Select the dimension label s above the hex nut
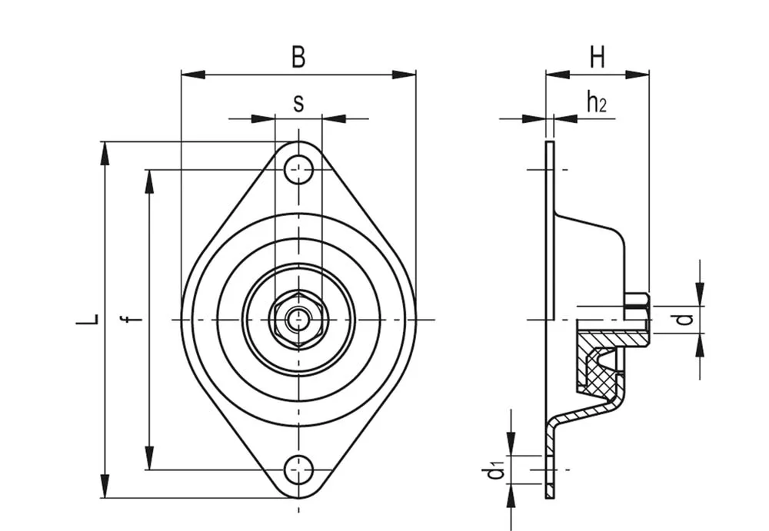pos(298,104)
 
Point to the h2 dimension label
pos(597,101)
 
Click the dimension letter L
pos(88,319)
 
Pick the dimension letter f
pos(131,319)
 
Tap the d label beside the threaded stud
pos(685,320)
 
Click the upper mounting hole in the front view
pos(298,170)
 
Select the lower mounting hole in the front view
pos(298,470)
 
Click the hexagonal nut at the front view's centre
pos(298,320)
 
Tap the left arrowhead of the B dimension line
pos(193,75)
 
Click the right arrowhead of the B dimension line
pos(404,75)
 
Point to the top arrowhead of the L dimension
pos(105,154)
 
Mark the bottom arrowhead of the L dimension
pos(105,486)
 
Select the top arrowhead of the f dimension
pos(150,181)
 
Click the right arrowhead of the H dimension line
pos(638,75)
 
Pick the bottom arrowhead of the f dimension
pos(150,458)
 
